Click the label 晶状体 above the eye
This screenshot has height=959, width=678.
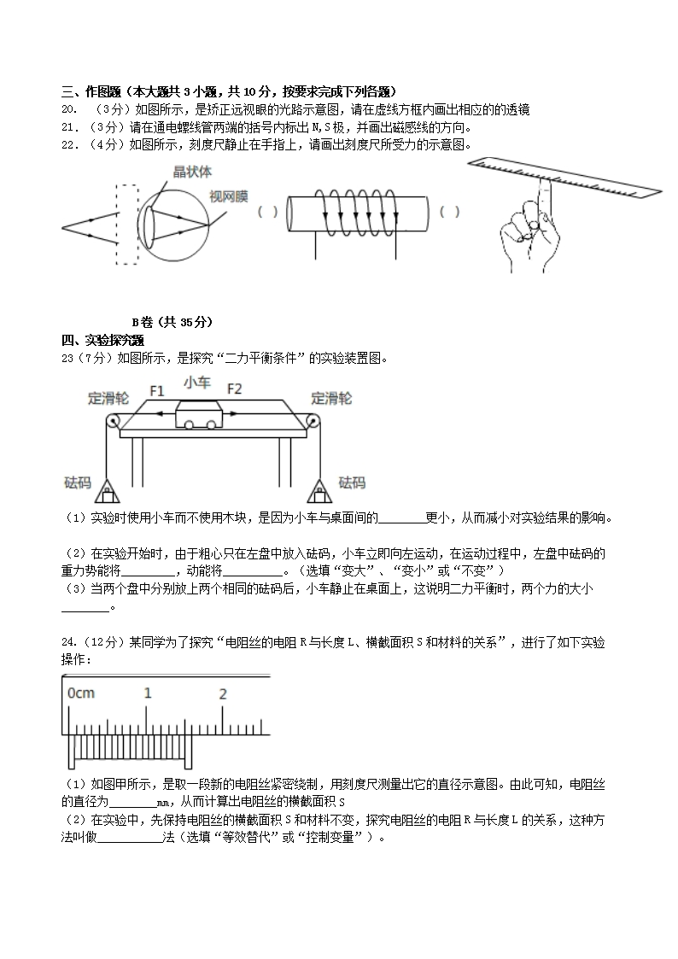(193, 172)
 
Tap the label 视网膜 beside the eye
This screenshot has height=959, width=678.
(228, 197)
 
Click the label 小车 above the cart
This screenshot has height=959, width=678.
(196, 383)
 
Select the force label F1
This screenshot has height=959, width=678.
(157, 390)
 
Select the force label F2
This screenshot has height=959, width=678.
(234, 390)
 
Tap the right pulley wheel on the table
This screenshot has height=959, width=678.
(314, 423)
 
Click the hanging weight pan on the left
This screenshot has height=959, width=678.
(106, 490)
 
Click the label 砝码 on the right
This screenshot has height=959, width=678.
(352, 483)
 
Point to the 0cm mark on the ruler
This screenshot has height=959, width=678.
(81, 693)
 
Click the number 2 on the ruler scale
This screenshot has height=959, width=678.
(223, 693)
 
